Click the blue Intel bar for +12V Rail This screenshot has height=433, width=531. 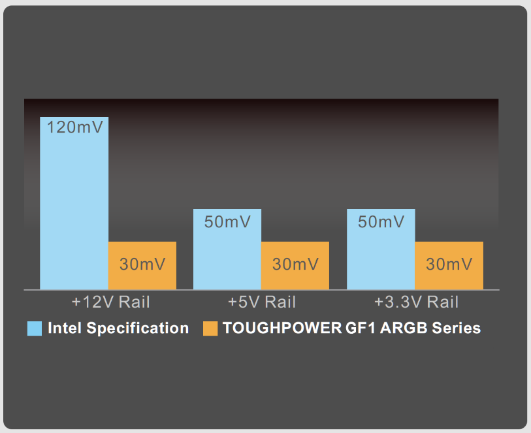pyautogui.click(x=74, y=203)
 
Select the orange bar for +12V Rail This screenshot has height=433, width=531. pyautogui.click(x=142, y=265)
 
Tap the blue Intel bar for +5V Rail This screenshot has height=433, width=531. pyautogui.click(x=227, y=249)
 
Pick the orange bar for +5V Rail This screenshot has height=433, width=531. pyautogui.click(x=295, y=265)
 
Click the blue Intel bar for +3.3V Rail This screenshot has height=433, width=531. pyautogui.click(x=381, y=249)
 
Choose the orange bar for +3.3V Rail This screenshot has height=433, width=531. pyautogui.click(x=449, y=265)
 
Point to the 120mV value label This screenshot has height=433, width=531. pyautogui.click(x=75, y=127)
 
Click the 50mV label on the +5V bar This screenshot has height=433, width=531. pyautogui.click(x=227, y=222)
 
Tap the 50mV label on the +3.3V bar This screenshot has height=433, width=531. pyautogui.click(x=381, y=222)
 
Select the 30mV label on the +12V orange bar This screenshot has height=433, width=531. pyautogui.click(x=142, y=264)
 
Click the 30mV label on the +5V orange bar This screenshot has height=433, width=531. pyautogui.click(x=296, y=264)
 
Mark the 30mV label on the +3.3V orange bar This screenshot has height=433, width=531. pyautogui.click(x=449, y=264)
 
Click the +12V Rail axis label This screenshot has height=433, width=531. pyautogui.click(x=111, y=302)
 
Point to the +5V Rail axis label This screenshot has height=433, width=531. pyautogui.click(x=262, y=302)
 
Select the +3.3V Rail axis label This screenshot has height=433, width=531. pyautogui.click(x=416, y=302)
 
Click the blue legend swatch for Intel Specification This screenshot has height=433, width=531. pyautogui.click(x=35, y=329)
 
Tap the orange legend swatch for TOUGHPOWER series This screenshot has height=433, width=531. pyautogui.click(x=210, y=329)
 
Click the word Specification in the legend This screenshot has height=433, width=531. pyautogui.click(x=138, y=329)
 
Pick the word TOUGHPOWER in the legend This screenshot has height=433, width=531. pyautogui.click(x=282, y=328)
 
